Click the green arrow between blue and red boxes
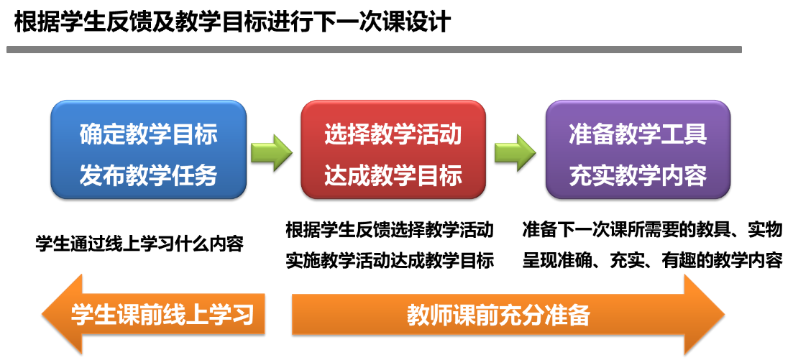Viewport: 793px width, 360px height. pyautogui.click(x=272, y=152)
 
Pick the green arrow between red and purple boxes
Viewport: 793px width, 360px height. pyautogui.click(x=515, y=152)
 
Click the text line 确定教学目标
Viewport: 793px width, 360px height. pyautogui.click(x=148, y=134)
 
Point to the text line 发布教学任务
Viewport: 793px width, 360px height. pyautogui.click(x=148, y=175)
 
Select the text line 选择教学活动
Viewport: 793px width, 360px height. pyautogui.click(x=393, y=134)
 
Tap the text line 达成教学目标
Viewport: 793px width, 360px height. pyautogui.click(x=393, y=175)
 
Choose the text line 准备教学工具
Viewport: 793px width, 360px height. pyautogui.click(x=638, y=134)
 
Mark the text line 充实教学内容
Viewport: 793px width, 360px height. pyautogui.click(x=638, y=175)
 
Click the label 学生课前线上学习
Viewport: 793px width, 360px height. pyautogui.click(x=162, y=314)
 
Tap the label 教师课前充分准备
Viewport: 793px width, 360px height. pyautogui.click(x=498, y=315)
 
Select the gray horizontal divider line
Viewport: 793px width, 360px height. pyautogui.click(x=374, y=50)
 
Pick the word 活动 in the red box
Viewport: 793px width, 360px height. pyautogui.click(x=445, y=134)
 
